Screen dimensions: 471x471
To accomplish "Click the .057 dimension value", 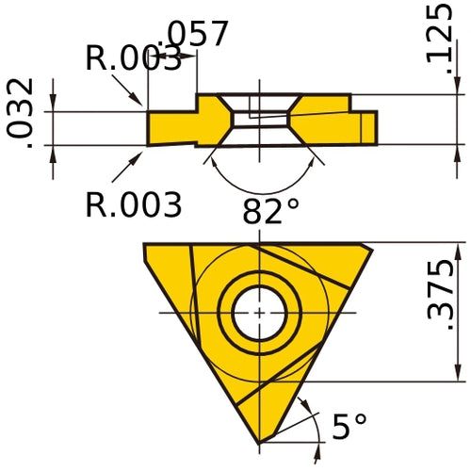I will click(196, 34).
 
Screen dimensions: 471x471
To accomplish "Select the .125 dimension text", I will click(438, 33).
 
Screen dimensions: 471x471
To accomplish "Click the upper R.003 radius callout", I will click(132, 58).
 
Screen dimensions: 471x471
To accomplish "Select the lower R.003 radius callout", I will click(133, 203).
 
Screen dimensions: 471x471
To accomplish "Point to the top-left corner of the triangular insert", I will click(145, 245).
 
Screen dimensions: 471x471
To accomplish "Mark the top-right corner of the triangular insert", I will click(371, 248).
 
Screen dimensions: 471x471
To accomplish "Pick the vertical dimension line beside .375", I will click(458, 311).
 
